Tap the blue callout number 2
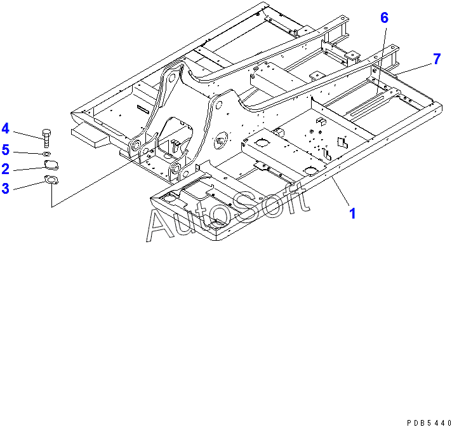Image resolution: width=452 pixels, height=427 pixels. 5,169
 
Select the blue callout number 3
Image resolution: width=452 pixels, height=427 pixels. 5,188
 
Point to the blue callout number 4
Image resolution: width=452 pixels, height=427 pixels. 5,129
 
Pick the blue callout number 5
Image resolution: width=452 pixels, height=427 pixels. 5,150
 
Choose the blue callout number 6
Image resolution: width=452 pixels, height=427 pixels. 384,18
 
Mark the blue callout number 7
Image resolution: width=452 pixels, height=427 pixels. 437,59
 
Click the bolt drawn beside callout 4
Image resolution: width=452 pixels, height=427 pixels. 47,137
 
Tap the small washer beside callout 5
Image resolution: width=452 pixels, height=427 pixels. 48,154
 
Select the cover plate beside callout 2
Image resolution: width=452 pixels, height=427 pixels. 50,165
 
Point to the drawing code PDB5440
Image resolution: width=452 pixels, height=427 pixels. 427,421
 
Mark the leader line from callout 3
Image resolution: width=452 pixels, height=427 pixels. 27,186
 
